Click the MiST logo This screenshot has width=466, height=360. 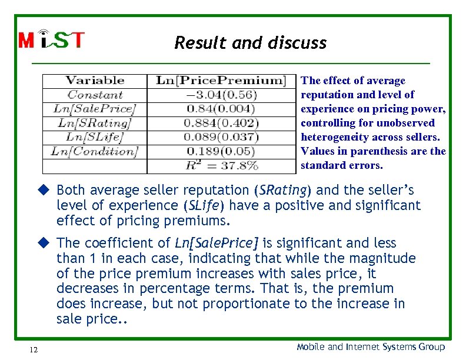pos(52,39)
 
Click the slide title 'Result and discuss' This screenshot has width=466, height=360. pos(250,43)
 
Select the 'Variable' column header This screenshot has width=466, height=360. pos(95,81)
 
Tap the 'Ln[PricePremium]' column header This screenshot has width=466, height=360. pos(221,81)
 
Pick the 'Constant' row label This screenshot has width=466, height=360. pos(95,95)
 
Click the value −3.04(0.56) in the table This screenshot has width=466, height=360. pos(221,95)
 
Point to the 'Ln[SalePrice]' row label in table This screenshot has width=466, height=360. pos(94,109)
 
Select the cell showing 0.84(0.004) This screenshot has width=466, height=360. pos(221,109)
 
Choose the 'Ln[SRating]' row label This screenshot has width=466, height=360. pos(94,123)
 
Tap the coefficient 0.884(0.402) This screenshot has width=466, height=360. pos(221,123)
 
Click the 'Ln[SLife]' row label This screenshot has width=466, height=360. pos(94,137)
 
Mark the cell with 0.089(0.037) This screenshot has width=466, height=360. pos(221,137)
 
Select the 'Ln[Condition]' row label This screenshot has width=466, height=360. pos(94,151)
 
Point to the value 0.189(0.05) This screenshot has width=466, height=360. pos(221,151)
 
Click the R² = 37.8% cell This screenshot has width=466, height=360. pos(221,165)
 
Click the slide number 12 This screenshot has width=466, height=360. pos(33,350)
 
